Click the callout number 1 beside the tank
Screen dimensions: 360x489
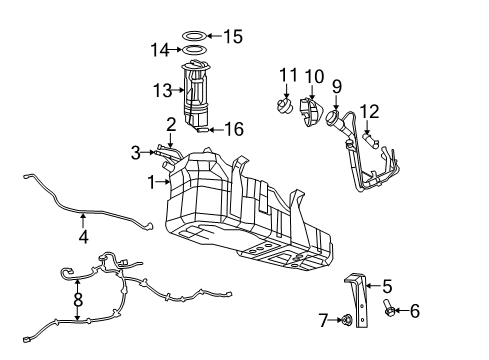(152, 182)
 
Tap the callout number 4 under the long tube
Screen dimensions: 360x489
(84, 239)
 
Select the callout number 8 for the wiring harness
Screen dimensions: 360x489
(78, 298)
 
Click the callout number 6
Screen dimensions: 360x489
(413, 312)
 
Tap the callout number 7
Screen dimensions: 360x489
(323, 320)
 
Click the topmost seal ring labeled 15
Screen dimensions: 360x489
(194, 36)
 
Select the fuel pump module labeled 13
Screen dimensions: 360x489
(199, 92)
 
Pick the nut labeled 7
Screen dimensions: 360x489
(345, 321)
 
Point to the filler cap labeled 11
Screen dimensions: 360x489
(286, 104)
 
